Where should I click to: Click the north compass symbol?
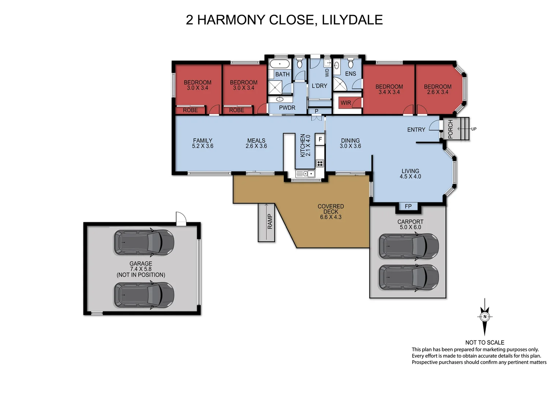click(x=485, y=317)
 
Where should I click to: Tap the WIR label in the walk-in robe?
click(x=346, y=103)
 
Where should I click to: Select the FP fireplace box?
click(x=408, y=206)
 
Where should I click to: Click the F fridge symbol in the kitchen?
click(x=320, y=139)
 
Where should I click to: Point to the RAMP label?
click(x=270, y=222)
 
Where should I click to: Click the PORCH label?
click(x=450, y=129)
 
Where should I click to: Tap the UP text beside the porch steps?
click(x=474, y=129)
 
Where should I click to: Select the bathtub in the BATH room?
click(x=280, y=64)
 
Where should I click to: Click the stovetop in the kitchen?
click(x=320, y=163)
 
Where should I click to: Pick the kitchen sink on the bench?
click(x=305, y=174)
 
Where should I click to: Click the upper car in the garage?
click(x=144, y=242)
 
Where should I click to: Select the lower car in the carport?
click(x=408, y=278)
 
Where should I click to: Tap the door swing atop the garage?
click(x=181, y=218)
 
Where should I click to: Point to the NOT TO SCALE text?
click(x=484, y=342)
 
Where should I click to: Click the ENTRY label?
click(x=416, y=129)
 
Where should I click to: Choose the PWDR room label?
click(x=287, y=108)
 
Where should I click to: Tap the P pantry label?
click(x=316, y=111)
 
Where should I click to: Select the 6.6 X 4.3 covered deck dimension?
click(x=330, y=217)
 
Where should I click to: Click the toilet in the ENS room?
click(x=350, y=64)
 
